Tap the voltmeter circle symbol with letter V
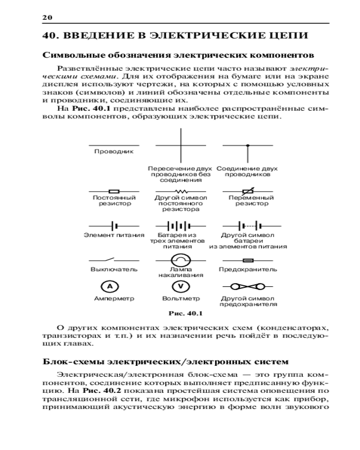point(181,286)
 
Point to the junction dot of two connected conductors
point(247,145)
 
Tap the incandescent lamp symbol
point(181,260)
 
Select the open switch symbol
point(111,260)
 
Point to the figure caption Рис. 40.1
point(186,313)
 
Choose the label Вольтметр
point(181,298)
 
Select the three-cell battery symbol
point(181,225)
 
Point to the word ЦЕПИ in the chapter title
point(286,36)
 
